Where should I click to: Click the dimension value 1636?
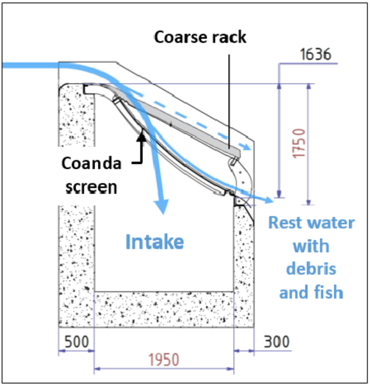pos(315,55)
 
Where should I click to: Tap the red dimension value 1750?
pos(300,144)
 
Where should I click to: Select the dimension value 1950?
pos(163,360)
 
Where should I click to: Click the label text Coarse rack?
pos(200,37)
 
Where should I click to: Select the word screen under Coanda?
pos(91,186)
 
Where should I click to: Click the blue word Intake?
pos(154,242)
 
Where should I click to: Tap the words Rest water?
pos(312,223)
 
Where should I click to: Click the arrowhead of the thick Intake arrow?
pos(162,206)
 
